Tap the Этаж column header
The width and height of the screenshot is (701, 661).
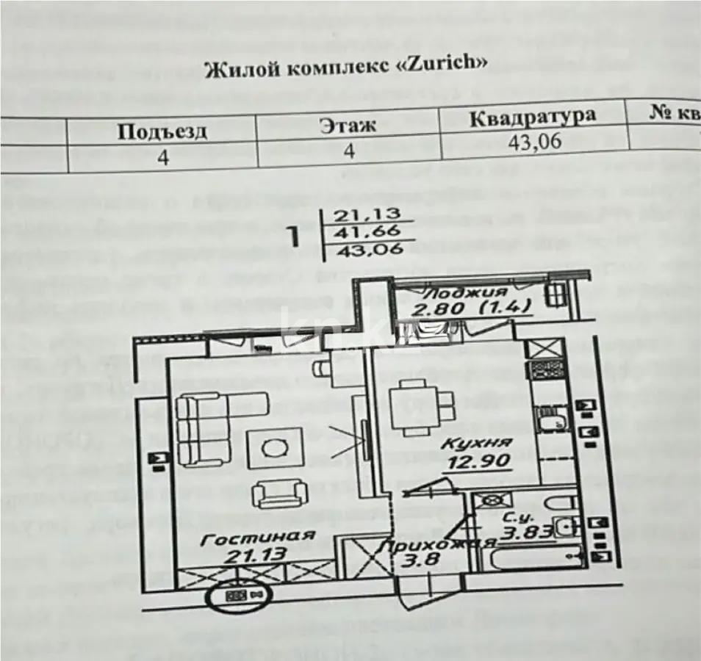[347, 125]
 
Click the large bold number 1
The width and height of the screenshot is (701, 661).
[292, 236]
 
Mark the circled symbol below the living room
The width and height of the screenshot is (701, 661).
[240, 595]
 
